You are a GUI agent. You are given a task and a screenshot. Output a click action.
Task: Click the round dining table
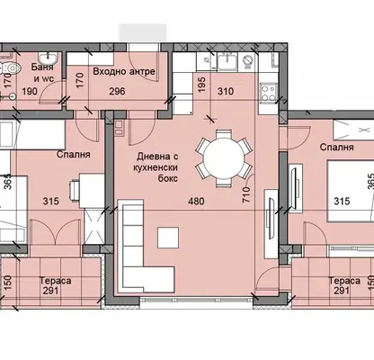(x=224, y=158)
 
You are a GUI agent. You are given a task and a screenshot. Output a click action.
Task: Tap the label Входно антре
(x=124, y=71)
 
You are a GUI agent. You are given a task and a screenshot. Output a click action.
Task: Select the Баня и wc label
(x=42, y=73)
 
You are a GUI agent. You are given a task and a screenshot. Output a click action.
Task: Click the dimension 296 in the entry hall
(x=117, y=91)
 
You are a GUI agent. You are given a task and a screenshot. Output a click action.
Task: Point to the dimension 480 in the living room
(x=196, y=201)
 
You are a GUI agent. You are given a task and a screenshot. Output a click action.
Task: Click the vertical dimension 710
(x=246, y=194)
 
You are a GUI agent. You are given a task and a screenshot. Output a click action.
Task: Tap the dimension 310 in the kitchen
(x=226, y=91)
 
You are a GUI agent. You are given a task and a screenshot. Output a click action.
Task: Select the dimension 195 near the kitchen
(x=202, y=85)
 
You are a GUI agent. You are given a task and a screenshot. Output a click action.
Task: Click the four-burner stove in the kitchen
(x=268, y=93)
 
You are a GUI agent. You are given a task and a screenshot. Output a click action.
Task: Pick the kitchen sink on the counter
(x=227, y=62)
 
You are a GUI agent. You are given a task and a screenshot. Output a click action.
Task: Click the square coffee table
(x=168, y=238)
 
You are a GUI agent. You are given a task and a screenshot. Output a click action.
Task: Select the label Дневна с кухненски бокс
(x=156, y=167)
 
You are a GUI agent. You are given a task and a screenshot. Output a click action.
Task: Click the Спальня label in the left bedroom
(x=73, y=154)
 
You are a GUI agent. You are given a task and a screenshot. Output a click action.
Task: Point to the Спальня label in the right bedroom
(x=336, y=147)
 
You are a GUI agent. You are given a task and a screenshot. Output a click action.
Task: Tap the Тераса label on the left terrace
(x=56, y=281)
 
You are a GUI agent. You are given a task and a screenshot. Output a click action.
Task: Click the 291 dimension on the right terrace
(x=342, y=291)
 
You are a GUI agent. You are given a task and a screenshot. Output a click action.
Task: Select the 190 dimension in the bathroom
(x=30, y=91)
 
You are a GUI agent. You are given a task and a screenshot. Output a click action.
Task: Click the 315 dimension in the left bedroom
(x=50, y=201)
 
